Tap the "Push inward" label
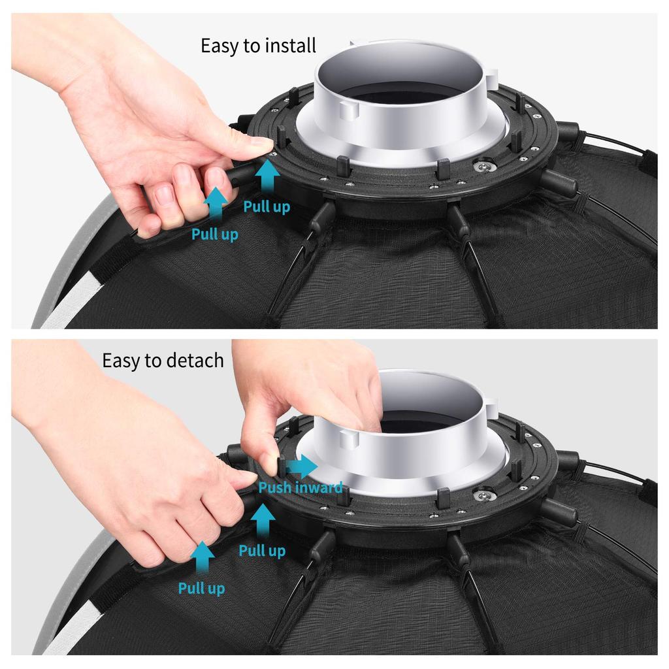click(x=300, y=487)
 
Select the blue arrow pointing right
click(x=302, y=466)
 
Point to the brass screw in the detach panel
click(x=485, y=495)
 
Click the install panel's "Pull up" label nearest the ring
click(x=267, y=208)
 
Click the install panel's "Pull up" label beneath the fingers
click(x=215, y=234)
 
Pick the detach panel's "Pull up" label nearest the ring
click(x=262, y=551)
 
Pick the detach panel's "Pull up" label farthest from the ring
click(x=201, y=589)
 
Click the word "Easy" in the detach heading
click(x=124, y=361)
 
